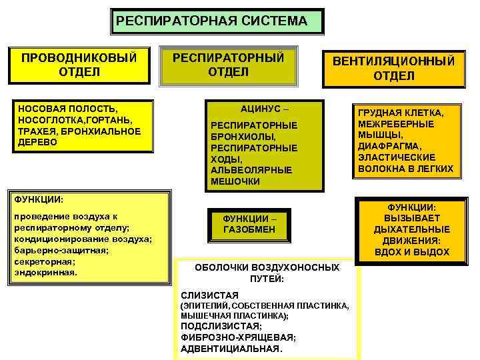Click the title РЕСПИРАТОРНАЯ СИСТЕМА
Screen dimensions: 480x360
(x=211, y=21)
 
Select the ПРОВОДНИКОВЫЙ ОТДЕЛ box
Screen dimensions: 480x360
(x=79, y=64)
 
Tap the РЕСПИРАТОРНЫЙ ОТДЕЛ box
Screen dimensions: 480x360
(x=228, y=64)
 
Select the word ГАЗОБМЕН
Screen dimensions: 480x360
(x=249, y=229)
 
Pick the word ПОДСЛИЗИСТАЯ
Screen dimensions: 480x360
(x=221, y=326)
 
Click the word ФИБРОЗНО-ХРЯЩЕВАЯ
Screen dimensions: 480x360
(x=238, y=337)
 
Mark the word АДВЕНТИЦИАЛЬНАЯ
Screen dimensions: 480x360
(x=231, y=349)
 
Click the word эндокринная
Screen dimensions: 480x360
(x=45, y=272)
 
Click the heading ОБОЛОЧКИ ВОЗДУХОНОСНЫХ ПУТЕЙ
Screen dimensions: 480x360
(x=267, y=273)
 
